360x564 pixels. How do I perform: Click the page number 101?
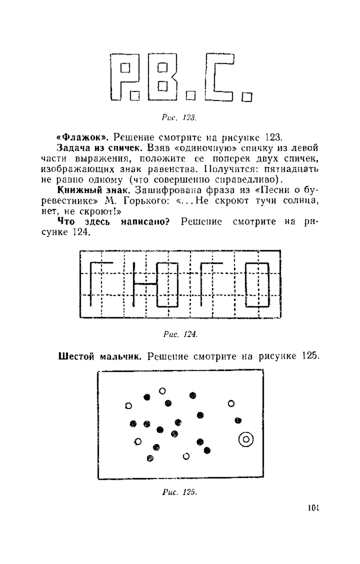pyautogui.click(x=313, y=508)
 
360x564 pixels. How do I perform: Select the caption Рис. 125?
pyautogui.click(x=179, y=492)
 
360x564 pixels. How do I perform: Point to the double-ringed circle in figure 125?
pyautogui.click(x=246, y=439)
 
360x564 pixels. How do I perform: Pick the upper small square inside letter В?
pyautogui.click(x=162, y=67)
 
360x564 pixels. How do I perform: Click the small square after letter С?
pyautogui.click(x=247, y=97)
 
